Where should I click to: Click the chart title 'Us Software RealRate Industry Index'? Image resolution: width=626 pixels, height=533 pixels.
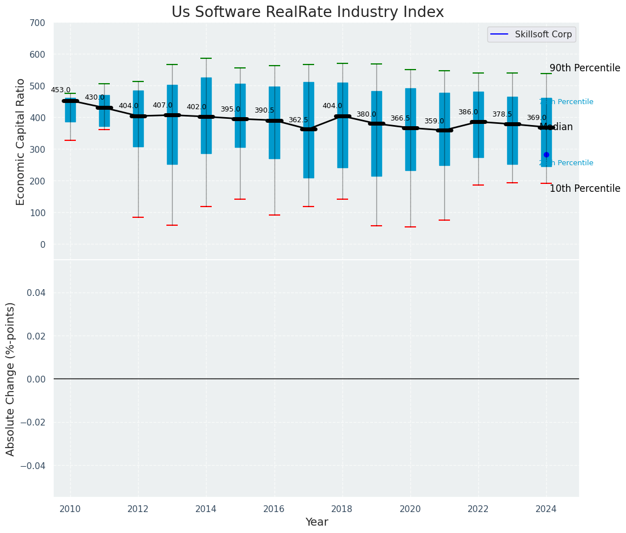[307, 12]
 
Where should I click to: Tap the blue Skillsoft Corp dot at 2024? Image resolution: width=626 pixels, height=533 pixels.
[546, 154]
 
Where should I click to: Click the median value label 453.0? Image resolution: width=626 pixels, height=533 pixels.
[61, 90]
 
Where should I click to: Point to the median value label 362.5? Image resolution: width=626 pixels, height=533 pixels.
[298, 120]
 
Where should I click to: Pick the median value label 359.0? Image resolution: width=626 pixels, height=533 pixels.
[434, 121]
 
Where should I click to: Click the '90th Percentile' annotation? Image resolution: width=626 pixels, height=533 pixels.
[585, 68]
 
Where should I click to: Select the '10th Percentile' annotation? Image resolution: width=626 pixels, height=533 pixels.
[585, 188]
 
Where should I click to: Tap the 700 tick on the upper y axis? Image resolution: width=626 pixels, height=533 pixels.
[38, 23]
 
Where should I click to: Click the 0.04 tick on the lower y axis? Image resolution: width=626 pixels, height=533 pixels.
[35, 293]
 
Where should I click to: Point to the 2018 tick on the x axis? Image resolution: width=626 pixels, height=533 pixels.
[342, 509]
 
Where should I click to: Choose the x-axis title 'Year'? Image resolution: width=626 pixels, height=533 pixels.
[316, 522]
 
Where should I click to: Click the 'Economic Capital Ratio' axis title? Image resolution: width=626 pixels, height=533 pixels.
[21, 141]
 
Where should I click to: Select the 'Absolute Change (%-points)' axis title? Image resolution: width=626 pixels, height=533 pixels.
[11, 379]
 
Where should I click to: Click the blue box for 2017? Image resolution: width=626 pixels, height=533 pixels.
[308, 153]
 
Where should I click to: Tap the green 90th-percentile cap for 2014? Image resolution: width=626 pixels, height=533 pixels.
[206, 58]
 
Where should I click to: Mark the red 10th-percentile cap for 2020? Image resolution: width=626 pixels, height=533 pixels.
[410, 227]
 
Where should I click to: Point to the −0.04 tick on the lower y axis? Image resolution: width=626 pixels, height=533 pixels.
[33, 466]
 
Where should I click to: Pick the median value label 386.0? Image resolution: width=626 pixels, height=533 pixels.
[468, 112]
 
